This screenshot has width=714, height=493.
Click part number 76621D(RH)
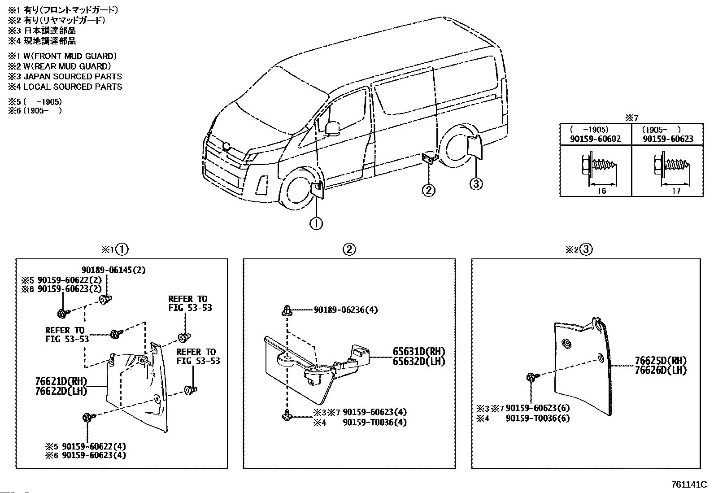pyautogui.click(x=61, y=382)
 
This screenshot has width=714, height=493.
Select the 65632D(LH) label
pyautogui.click(x=419, y=361)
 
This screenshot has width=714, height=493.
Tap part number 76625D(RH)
pyautogui.click(x=661, y=361)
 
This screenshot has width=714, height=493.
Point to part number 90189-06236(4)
pyautogui.click(x=345, y=310)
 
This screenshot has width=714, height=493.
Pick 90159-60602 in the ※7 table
pyautogui.click(x=595, y=139)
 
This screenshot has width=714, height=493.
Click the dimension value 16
pyautogui.click(x=601, y=191)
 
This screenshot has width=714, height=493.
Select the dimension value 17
pyautogui.click(x=676, y=191)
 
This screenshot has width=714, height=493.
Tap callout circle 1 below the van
pyautogui.click(x=316, y=223)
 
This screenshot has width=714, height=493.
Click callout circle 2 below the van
pyautogui.click(x=428, y=190)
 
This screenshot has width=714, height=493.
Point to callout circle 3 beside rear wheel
pyautogui.click(x=476, y=183)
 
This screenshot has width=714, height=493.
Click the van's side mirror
pyautogui.click(x=332, y=128)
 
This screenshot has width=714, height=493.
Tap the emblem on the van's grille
pyautogui.click(x=226, y=145)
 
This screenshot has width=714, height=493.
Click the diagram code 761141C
pyautogui.click(x=688, y=485)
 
